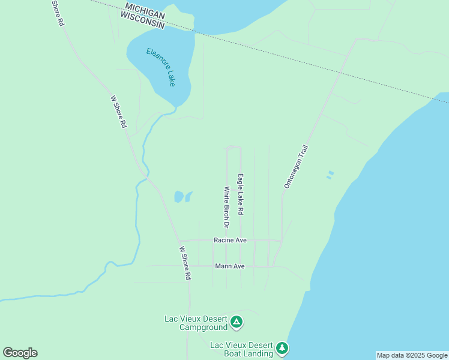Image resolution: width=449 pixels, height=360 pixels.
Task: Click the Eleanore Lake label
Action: click(x=161, y=67)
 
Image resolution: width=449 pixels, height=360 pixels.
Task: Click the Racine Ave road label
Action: click(x=230, y=240)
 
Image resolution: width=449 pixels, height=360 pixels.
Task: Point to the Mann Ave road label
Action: click(x=230, y=266)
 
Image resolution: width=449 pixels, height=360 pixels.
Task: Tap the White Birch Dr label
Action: click(x=227, y=207)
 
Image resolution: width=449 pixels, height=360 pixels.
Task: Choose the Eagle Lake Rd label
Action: click(x=241, y=194)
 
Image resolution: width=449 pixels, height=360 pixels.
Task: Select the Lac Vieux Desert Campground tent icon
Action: click(x=237, y=322)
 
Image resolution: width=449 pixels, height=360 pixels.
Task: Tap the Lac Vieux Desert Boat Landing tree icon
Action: click(x=282, y=348)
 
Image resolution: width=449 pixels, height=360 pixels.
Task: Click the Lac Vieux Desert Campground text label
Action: click(x=196, y=323)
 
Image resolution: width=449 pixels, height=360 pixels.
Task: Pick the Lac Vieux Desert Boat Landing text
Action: click(x=242, y=349)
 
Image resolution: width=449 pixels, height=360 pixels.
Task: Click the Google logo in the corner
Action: click(x=20, y=353)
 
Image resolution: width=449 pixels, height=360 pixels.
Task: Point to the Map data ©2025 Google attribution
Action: click(x=412, y=355)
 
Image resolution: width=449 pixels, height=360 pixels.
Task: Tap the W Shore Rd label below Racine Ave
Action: click(x=185, y=263)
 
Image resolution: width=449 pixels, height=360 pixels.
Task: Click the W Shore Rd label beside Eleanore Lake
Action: click(x=119, y=112)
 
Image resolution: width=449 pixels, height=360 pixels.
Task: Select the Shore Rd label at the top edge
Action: click(x=57, y=13)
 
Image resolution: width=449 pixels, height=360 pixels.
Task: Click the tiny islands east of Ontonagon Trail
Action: click(x=330, y=175)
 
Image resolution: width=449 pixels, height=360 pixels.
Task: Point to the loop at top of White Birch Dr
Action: click(x=233, y=147)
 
